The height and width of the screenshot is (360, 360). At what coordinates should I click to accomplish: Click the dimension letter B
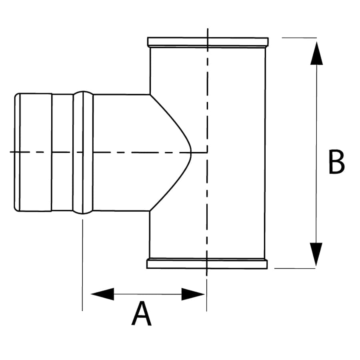[336, 162]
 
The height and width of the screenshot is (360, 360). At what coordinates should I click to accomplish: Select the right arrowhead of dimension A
[193, 294]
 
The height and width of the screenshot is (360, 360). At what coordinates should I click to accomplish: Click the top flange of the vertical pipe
[208, 42]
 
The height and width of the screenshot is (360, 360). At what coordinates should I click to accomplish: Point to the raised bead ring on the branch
[83, 152]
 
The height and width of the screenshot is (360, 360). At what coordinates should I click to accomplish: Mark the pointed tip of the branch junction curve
[192, 152]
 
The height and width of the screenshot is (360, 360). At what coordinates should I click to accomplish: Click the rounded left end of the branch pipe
[16, 152]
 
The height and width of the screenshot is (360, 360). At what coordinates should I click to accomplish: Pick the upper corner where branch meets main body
[150, 94]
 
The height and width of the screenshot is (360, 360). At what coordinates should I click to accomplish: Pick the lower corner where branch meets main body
[150, 211]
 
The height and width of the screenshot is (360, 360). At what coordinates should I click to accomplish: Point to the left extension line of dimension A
[82, 264]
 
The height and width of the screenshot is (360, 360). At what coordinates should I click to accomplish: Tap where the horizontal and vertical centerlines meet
[207, 152]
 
